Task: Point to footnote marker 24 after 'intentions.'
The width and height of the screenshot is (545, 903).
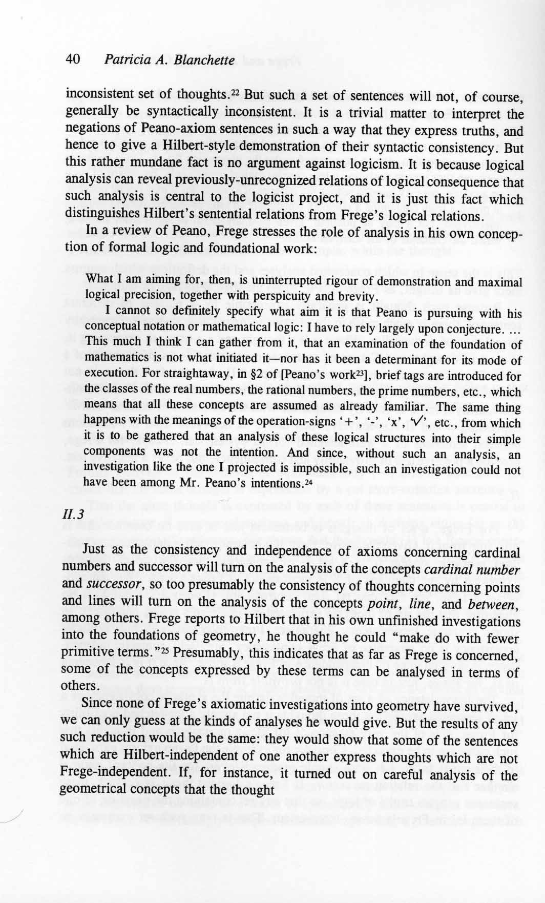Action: (307, 482)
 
